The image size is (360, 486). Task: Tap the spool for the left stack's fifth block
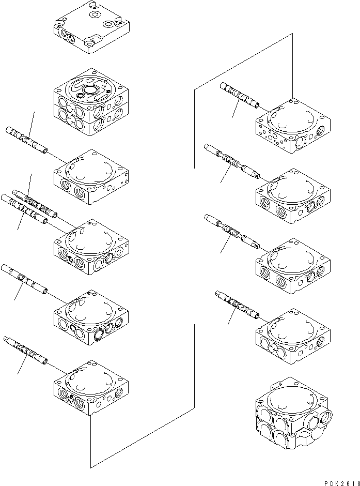click(x=25, y=280)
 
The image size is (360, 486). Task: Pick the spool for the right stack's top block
click(x=240, y=96)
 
